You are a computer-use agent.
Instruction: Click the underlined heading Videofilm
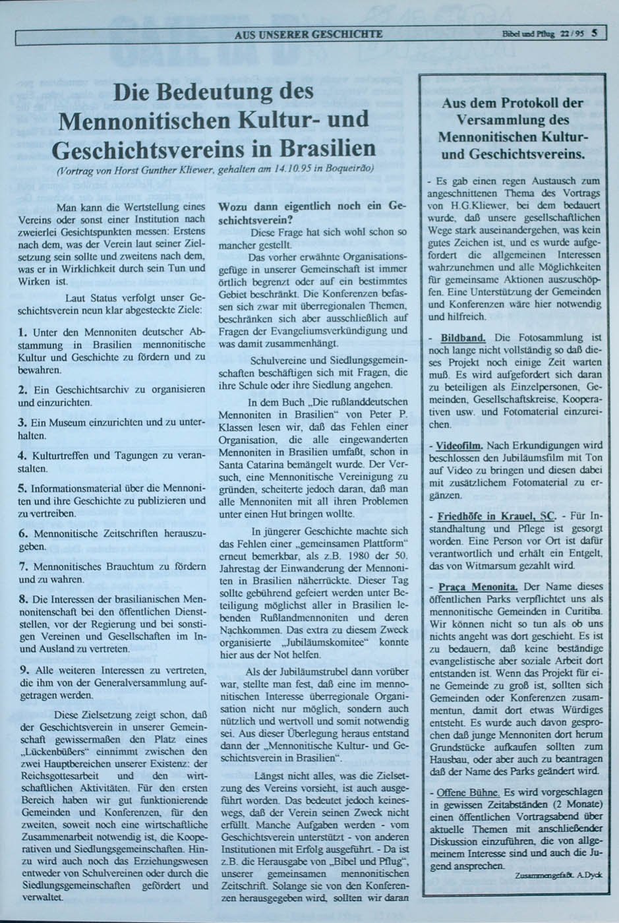click(459, 445)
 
